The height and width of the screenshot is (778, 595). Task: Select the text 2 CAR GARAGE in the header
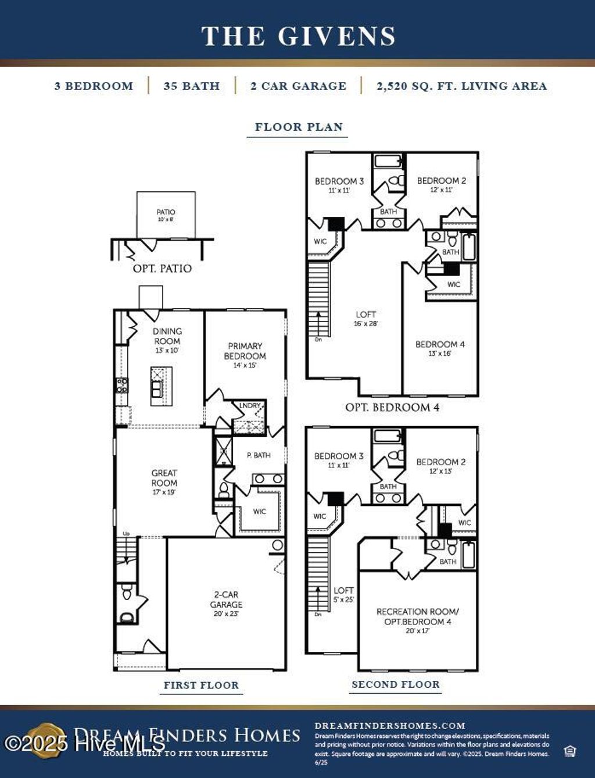pyautogui.click(x=298, y=86)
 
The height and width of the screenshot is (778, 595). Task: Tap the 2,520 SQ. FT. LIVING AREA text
pyautogui.click(x=461, y=86)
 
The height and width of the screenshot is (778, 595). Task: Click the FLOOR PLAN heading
pyautogui.click(x=299, y=127)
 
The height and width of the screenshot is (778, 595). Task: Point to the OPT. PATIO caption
pyautogui.click(x=162, y=269)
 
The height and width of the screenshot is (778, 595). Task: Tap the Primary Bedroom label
pyautogui.click(x=245, y=351)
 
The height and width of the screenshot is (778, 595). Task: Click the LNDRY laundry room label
pyautogui.click(x=250, y=405)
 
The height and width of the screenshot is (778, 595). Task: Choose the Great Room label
pyautogui.click(x=164, y=478)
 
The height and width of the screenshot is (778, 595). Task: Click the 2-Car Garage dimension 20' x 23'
pyautogui.click(x=226, y=613)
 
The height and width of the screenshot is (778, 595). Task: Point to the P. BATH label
pyautogui.click(x=259, y=455)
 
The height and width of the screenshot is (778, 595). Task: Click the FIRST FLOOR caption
pyautogui.click(x=201, y=685)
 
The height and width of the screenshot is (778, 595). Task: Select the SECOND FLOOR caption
pyautogui.click(x=396, y=684)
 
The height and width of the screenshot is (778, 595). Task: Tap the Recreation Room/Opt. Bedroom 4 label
pyautogui.click(x=417, y=616)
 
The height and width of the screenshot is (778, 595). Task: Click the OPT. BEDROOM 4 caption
pyautogui.click(x=392, y=407)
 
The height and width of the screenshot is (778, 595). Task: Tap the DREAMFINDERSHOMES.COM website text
pyautogui.click(x=390, y=726)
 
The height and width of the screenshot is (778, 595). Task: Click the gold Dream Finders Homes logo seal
pyautogui.click(x=46, y=740)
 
